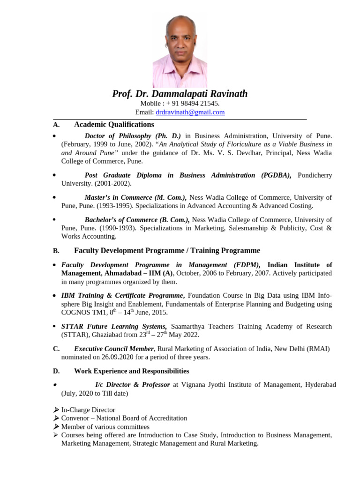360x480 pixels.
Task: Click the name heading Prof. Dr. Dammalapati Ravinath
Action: pyautogui.click(x=180, y=94)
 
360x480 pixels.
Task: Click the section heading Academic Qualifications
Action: pyautogui.click(x=114, y=125)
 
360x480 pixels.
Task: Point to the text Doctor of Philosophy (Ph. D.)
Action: pyautogui.click(x=133, y=136)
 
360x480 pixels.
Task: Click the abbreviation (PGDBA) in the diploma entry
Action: pyautogui.click(x=276, y=175)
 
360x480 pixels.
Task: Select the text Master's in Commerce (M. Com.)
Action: pyautogui.click(x=135, y=197)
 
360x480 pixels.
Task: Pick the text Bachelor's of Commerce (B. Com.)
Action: pyautogui.click(x=137, y=220)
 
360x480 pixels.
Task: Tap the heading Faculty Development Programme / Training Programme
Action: pyautogui.click(x=167, y=251)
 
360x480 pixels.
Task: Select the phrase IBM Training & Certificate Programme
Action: pyautogui.click(x=122, y=296)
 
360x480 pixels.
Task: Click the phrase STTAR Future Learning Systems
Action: pyautogui.click(x=114, y=326)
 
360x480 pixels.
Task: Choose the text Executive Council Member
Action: pyautogui.click(x=114, y=349)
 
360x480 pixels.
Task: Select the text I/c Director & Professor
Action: pyautogui.click(x=133, y=385)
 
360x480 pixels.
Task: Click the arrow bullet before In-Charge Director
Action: pyautogui.click(x=56, y=410)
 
